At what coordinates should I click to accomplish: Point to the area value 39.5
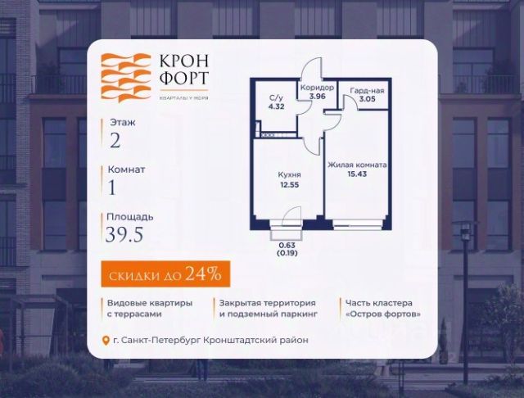tap(129, 237)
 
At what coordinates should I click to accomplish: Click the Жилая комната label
tap(357, 165)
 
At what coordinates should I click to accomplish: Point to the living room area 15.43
tap(357, 175)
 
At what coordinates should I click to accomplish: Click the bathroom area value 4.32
tap(276, 106)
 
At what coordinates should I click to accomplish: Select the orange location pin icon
tap(104, 341)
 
